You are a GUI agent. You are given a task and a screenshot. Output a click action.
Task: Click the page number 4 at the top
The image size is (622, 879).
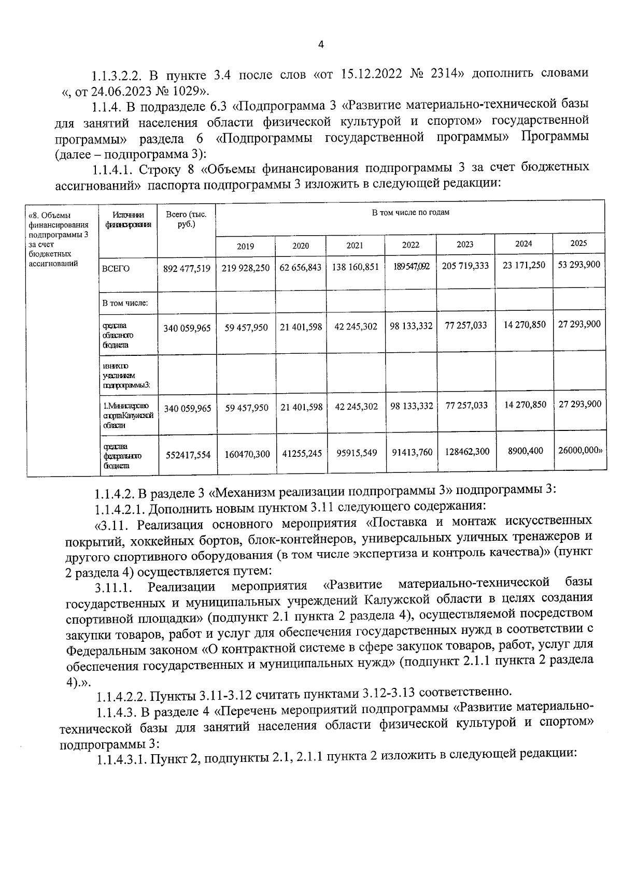click(x=320, y=45)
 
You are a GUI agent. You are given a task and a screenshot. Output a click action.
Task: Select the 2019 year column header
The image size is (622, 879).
click(x=245, y=247)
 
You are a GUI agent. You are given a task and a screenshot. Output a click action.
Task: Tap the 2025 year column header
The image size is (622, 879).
click(x=578, y=243)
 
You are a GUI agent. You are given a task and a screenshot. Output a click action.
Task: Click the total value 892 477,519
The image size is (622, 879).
click(x=187, y=268)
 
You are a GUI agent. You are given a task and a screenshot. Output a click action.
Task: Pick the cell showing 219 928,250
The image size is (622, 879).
click(x=246, y=268)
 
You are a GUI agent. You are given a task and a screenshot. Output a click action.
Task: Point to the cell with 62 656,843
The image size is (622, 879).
click(x=301, y=268)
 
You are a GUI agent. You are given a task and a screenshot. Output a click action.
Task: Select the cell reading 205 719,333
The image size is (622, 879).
click(x=465, y=266)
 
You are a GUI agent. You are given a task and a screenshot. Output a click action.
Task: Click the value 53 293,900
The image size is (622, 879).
click(x=579, y=265)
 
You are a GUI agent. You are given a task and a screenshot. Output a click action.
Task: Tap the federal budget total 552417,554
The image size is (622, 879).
click(x=188, y=455)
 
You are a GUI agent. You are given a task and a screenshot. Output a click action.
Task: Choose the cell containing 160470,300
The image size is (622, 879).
click(x=247, y=454)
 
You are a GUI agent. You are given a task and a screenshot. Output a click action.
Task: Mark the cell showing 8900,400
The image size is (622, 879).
click(x=525, y=451)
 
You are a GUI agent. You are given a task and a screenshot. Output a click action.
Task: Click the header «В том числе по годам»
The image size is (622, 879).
click(x=411, y=212)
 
